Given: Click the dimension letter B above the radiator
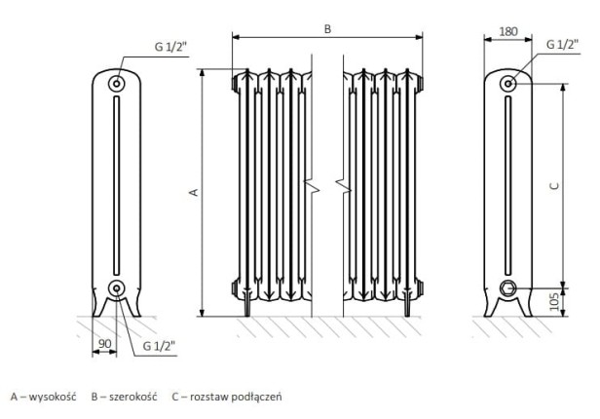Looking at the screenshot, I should pos(328,30).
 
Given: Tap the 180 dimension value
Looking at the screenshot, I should pos(507,31).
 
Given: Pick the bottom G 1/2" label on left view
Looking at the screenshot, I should pos(158,345).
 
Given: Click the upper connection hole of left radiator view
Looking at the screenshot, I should pos(117,84).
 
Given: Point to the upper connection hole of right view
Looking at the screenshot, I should pos(508,83).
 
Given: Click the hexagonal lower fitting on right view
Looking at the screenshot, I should pos(507,287).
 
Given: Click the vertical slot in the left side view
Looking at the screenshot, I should pos(117,185).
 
